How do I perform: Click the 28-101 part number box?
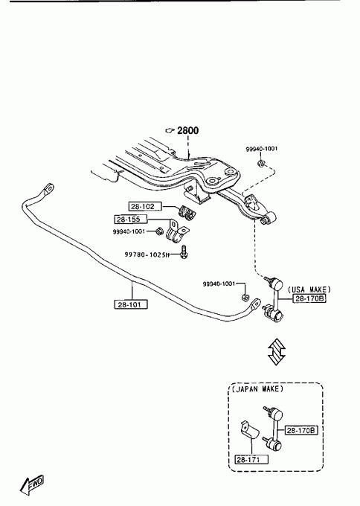131,304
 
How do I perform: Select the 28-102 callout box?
145,206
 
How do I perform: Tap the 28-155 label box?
131,220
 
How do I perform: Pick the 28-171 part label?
251,459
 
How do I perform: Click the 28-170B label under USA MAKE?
309,298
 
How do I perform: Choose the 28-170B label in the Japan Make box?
301,430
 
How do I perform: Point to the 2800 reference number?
188,130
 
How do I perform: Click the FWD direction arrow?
31,485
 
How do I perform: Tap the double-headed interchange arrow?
277,352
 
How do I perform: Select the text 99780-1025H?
147,254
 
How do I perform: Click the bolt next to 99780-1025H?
184,252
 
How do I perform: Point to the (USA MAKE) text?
309,289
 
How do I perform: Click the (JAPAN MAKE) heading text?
257,389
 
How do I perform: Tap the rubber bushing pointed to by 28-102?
187,211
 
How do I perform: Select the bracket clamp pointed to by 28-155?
176,231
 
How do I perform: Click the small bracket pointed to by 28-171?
250,430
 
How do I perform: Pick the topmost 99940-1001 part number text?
261,149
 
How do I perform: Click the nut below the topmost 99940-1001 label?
261,163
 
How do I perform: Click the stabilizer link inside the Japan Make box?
273,428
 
